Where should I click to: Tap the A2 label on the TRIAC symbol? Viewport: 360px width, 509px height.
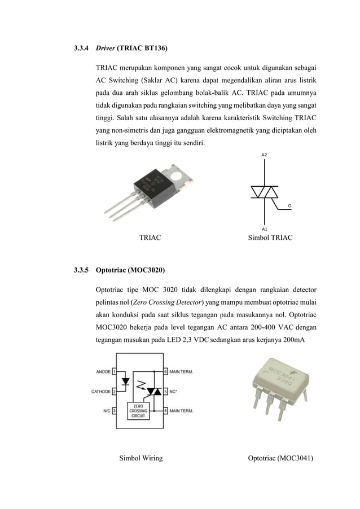[265, 154]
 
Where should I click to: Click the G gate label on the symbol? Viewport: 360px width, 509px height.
[289, 206]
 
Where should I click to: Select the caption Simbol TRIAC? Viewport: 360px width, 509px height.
[270, 238]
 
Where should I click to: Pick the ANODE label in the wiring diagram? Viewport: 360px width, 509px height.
[103, 372]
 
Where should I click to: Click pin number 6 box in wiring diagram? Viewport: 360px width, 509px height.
[165, 372]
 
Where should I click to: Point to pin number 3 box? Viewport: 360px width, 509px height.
[115, 411]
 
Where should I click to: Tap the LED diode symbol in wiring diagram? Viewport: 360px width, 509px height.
[126, 381]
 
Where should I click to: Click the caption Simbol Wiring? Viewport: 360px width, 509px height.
[141, 458]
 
